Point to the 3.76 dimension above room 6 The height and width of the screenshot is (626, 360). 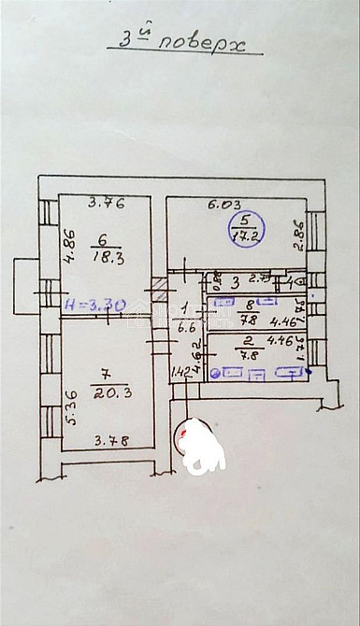click(107, 200)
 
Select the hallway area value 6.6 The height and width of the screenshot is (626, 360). click(185, 328)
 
